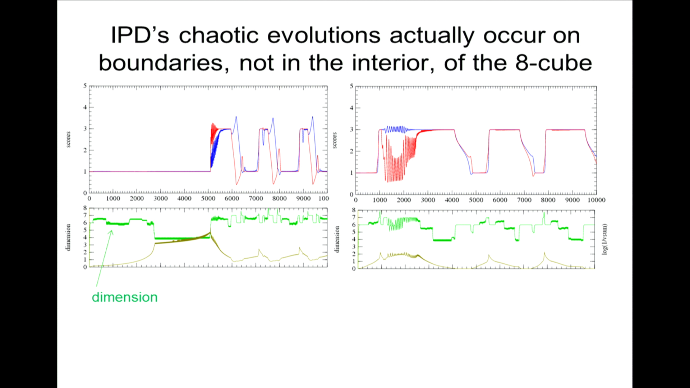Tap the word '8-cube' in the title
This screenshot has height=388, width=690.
(553, 63)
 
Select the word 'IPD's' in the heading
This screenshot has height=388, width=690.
(140, 35)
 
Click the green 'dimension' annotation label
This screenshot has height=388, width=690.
(125, 297)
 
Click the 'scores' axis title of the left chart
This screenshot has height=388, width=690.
(68, 139)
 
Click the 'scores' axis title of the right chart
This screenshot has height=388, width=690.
(334, 140)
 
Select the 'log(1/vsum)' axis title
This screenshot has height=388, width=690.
(604, 239)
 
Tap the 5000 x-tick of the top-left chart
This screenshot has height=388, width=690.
(208, 198)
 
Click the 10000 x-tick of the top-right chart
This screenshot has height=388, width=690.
(596, 200)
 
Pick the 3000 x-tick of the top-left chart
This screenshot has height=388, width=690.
(160, 198)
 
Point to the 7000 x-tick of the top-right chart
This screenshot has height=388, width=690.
(524, 200)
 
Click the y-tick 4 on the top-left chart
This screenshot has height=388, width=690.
(85, 107)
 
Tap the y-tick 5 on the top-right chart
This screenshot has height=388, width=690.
(351, 86)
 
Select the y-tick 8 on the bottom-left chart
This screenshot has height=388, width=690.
(85, 208)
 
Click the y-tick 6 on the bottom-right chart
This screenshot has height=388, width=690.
(354, 225)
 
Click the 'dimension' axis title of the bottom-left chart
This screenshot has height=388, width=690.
(68, 237)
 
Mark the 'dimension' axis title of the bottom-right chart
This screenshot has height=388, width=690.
(337, 239)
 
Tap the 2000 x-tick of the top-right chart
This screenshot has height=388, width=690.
(404, 200)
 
